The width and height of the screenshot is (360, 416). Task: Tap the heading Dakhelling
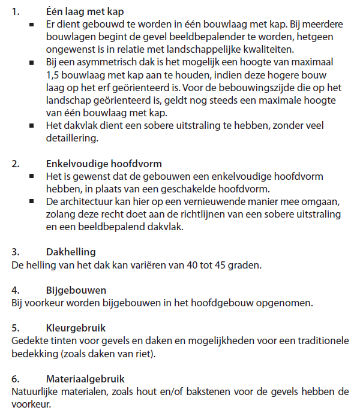tap(71, 252)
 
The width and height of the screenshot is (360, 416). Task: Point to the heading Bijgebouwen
tap(77, 290)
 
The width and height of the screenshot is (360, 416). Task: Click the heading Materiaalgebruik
tap(86, 379)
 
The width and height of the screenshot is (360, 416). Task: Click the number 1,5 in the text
tap(53, 75)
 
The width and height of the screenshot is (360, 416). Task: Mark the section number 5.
tap(16, 328)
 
